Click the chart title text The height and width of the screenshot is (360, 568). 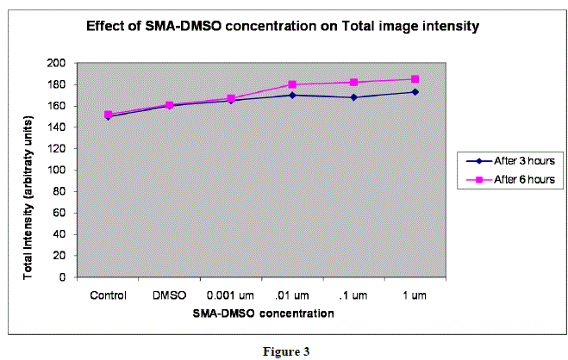click(x=282, y=27)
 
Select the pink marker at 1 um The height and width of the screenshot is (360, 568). click(x=415, y=79)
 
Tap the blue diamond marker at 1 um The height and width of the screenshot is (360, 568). click(x=415, y=92)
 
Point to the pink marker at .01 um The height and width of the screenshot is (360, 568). click(x=292, y=84)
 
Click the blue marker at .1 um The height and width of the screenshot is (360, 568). click(x=353, y=97)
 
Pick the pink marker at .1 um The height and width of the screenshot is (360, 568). click(x=353, y=82)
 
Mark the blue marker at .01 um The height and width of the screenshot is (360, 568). click(x=292, y=95)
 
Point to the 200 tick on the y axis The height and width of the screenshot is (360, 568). click(x=57, y=63)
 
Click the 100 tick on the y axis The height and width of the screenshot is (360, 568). click(x=57, y=170)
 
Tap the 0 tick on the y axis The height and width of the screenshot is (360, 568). click(x=63, y=277)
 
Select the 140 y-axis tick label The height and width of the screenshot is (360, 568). click(x=57, y=127)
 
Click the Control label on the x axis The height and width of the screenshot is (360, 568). click(x=108, y=295)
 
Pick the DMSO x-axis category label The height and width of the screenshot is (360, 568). click(x=169, y=295)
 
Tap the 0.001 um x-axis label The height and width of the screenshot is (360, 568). click(x=230, y=295)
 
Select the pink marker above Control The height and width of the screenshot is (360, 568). click(x=109, y=115)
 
